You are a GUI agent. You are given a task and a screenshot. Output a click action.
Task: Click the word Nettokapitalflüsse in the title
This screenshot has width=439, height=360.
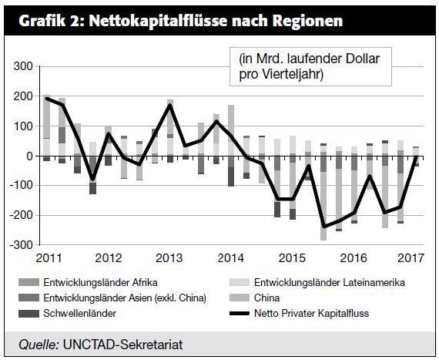coord(158,21)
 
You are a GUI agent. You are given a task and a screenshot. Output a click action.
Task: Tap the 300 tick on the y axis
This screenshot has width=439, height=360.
coord(23,66)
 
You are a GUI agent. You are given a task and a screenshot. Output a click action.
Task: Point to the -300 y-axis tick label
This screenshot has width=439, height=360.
coord(21,245)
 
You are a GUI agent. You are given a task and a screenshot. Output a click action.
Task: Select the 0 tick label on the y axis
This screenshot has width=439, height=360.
coord(29,156)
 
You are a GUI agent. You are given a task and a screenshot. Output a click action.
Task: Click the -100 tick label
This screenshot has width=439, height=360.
coord(21,186)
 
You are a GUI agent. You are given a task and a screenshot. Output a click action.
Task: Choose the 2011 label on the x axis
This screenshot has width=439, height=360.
coord(49,258)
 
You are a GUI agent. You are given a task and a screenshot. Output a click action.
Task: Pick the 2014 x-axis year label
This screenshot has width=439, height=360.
coord(231,258)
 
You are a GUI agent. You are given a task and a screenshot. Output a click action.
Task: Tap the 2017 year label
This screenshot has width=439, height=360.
coord(411,258)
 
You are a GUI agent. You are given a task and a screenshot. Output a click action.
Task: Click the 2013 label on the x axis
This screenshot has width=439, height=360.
coord(169,258)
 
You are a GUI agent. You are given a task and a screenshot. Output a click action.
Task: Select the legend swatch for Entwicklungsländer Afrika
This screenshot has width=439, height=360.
coord(28,282)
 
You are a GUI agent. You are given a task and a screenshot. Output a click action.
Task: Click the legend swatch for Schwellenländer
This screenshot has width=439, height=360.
coord(28,314)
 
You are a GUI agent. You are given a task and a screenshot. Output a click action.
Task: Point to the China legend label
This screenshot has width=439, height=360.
coord(266,298)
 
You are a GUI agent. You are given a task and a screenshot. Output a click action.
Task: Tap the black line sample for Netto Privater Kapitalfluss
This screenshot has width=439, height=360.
coord(240,314)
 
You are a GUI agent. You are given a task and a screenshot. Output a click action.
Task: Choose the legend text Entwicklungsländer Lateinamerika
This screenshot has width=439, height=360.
coord(330,282)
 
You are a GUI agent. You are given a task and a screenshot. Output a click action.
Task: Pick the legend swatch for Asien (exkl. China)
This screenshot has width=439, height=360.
coord(28,298)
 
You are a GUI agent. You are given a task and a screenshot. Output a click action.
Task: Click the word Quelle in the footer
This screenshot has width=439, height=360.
coord(39,345)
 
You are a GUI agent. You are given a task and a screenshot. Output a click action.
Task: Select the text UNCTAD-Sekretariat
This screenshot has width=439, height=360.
coord(123,345)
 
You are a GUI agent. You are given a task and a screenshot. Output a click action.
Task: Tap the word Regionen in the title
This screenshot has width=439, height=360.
coord(308,22)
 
